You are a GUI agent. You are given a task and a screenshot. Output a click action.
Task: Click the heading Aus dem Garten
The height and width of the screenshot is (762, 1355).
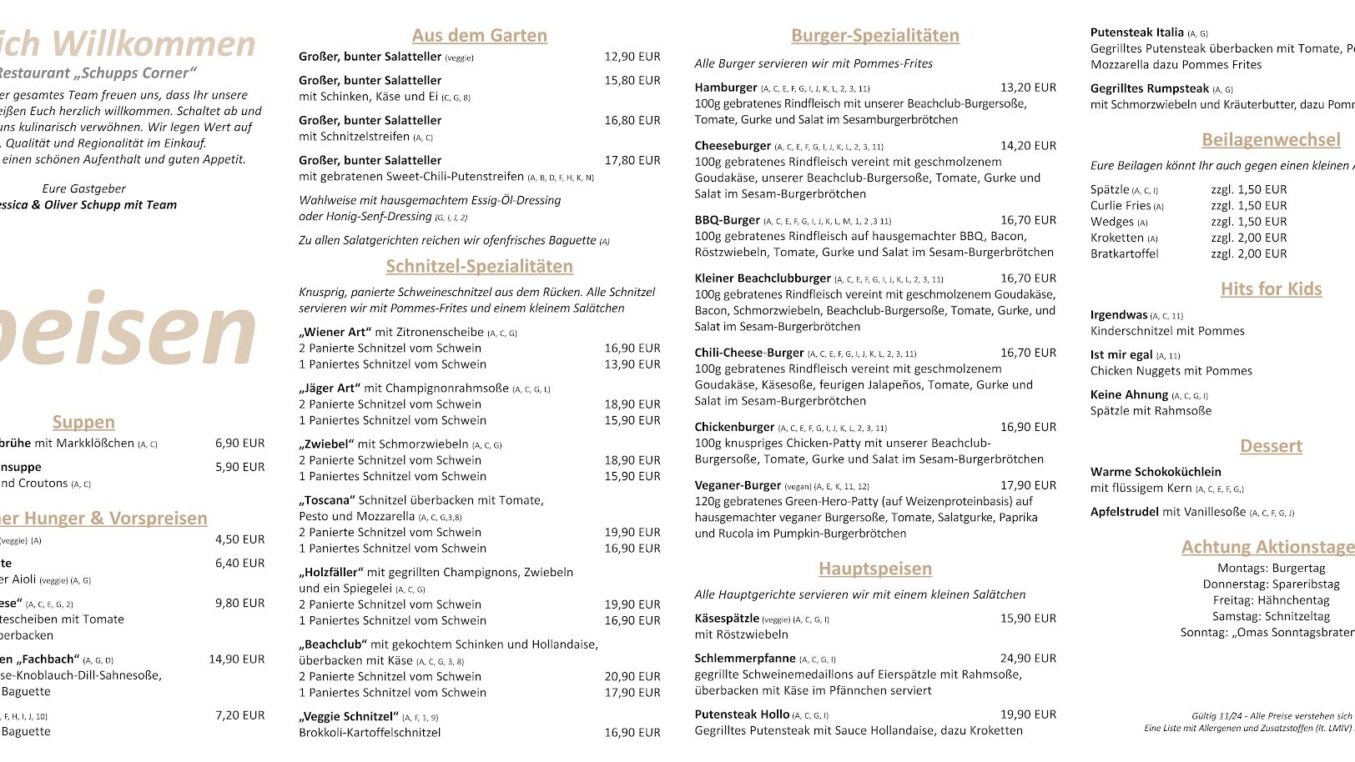pyautogui.click(x=479, y=36)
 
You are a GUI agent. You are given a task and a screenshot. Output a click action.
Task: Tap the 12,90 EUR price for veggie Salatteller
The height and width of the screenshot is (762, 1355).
pyautogui.click(x=632, y=57)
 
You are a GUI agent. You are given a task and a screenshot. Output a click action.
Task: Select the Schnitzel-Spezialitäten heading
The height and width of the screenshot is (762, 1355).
pyautogui.click(x=479, y=267)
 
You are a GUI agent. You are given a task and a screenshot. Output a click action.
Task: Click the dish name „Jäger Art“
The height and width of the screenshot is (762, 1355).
pyautogui.click(x=330, y=389)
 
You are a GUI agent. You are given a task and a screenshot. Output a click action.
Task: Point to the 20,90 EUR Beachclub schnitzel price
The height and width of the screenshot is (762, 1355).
pyautogui.click(x=632, y=677)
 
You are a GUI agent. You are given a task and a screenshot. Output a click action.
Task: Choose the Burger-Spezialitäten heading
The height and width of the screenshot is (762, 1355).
pyautogui.click(x=874, y=36)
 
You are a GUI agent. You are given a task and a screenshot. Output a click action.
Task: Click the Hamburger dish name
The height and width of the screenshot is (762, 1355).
pyautogui.click(x=726, y=88)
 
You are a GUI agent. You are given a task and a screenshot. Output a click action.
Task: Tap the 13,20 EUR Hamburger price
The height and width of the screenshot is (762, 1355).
pyautogui.click(x=1028, y=88)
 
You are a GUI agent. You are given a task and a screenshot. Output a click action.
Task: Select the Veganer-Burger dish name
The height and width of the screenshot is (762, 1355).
pyautogui.click(x=738, y=485)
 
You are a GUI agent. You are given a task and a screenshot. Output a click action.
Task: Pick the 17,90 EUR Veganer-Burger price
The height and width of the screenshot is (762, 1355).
pyautogui.click(x=1028, y=485)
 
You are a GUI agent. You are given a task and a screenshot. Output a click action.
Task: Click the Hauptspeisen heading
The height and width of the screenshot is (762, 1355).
pyautogui.click(x=874, y=569)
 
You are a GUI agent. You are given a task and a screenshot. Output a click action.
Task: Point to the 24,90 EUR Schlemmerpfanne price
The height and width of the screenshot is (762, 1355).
pyautogui.click(x=1028, y=659)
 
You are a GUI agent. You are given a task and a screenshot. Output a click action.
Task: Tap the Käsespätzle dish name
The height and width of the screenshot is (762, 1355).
pyautogui.click(x=727, y=619)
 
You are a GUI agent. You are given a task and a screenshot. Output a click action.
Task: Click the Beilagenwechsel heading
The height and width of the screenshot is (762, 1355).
pyautogui.click(x=1271, y=140)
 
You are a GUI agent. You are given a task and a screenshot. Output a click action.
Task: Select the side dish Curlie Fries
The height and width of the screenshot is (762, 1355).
pyautogui.click(x=1121, y=206)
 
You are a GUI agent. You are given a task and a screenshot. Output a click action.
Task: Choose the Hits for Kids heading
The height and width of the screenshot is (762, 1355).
pyautogui.click(x=1271, y=289)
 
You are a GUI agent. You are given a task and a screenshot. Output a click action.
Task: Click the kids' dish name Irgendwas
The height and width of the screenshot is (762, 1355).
pyautogui.click(x=1119, y=315)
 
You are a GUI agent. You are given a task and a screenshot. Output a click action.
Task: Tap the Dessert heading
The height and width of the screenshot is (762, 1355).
pyautogui.click(x=1271, y=446)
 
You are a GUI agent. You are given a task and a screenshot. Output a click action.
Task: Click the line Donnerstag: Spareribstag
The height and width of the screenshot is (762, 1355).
pyautogui.click(x=1271, y=584)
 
